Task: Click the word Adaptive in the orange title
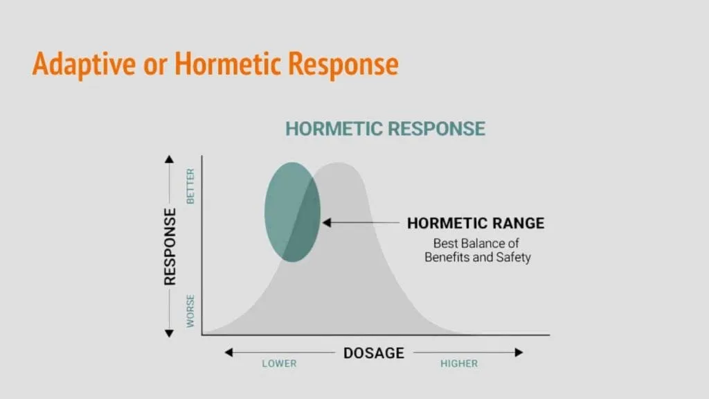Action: coord(84,64)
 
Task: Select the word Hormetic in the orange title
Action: coord(228,63)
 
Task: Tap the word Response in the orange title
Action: coord(343,64)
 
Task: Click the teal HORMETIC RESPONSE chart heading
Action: coord(385,129)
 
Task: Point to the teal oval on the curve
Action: coord(293,212)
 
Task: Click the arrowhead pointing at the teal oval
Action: coord(327,222)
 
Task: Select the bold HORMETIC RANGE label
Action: coord(476,223)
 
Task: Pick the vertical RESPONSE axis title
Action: coord(170,247)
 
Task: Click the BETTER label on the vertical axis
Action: coord(190,186)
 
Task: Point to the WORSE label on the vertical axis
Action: coord(190,311)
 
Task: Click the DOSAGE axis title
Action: coord(374,353)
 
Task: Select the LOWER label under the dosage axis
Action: coord(280,364)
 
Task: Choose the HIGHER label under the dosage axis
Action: coord(459,364)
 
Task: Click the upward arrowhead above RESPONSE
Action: coord(169,159)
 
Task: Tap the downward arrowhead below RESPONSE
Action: coord(169,333)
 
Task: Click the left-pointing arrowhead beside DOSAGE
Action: coord(228,353)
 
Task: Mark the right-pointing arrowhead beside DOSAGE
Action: coord(519,353)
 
